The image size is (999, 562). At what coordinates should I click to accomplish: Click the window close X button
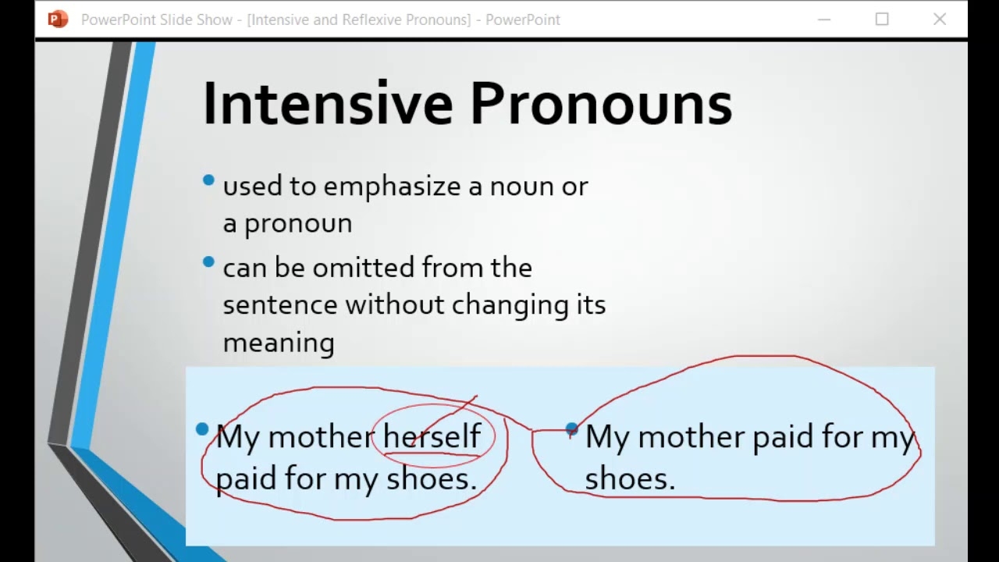pos(940,20)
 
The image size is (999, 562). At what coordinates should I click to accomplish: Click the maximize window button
pos(882,20)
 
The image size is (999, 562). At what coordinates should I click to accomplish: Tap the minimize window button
pos(824,20)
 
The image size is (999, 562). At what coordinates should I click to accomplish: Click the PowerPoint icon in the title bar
pos(58,20)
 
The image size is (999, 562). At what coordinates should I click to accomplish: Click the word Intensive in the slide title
pos(327,104)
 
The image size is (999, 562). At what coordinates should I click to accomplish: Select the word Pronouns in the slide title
pos(600,104)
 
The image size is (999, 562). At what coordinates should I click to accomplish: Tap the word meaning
pos(279,343)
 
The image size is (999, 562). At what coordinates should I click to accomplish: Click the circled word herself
pos(432,436)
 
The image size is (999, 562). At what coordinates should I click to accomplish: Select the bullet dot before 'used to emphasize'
pos(208,180)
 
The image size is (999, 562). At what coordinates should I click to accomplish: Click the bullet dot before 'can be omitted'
pos(208,261)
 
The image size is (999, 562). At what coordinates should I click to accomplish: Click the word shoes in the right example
pos(629,478)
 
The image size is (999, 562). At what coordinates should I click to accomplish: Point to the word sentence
pos(280,305)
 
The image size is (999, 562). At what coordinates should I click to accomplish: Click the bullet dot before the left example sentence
pos(203,429)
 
